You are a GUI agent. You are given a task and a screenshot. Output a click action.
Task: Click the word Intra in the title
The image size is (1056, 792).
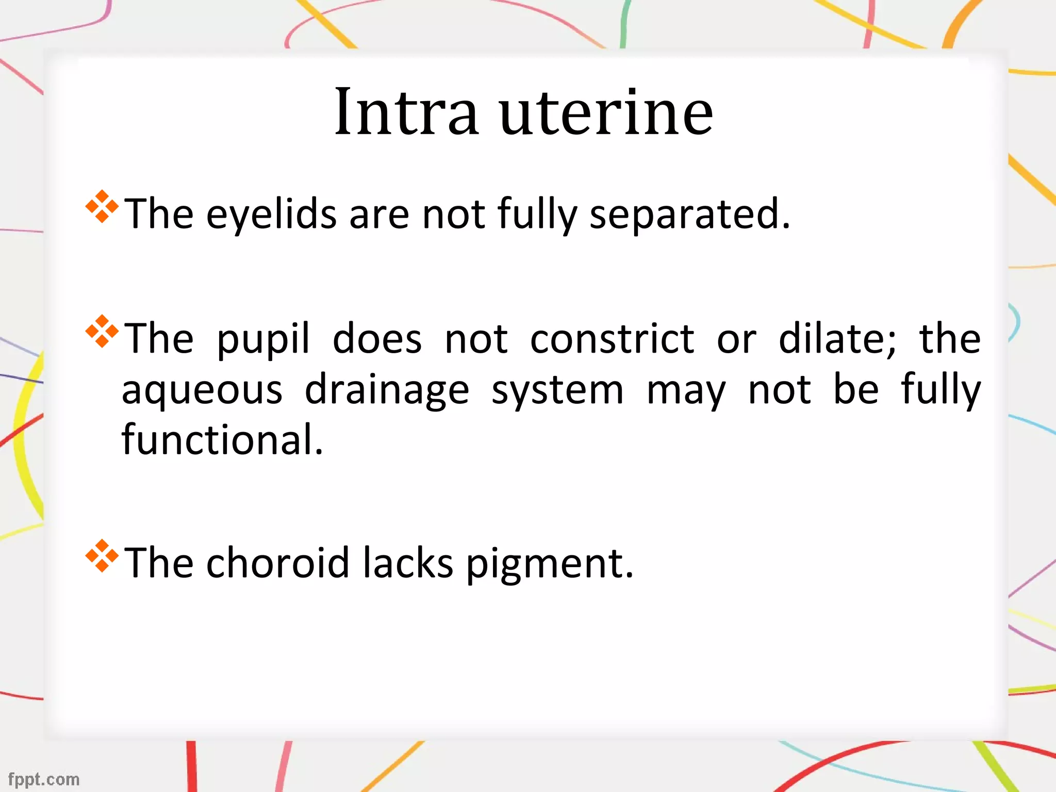pos(406,112)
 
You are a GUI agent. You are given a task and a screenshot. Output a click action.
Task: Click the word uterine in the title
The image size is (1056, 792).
pos(606,112)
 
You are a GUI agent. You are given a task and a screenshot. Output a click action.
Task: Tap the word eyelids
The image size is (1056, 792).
pos(271,214)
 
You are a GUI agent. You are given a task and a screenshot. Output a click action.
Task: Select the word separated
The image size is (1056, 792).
pos(689,214)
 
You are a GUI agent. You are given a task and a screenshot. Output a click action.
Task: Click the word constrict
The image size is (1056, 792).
pos(612,339)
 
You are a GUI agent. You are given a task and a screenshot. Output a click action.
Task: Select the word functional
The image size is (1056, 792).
pos(222,440)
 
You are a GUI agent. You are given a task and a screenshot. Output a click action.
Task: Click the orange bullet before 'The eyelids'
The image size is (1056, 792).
pos(102,206)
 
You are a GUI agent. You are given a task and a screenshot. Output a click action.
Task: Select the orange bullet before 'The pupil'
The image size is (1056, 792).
pos(102,331)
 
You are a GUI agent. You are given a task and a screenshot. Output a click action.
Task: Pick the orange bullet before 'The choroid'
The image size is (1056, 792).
pos(102,556)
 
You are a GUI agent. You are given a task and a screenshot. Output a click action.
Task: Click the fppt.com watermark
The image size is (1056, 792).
pos(44,779)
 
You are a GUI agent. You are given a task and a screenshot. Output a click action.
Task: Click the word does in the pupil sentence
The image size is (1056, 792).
pos(377,339)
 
